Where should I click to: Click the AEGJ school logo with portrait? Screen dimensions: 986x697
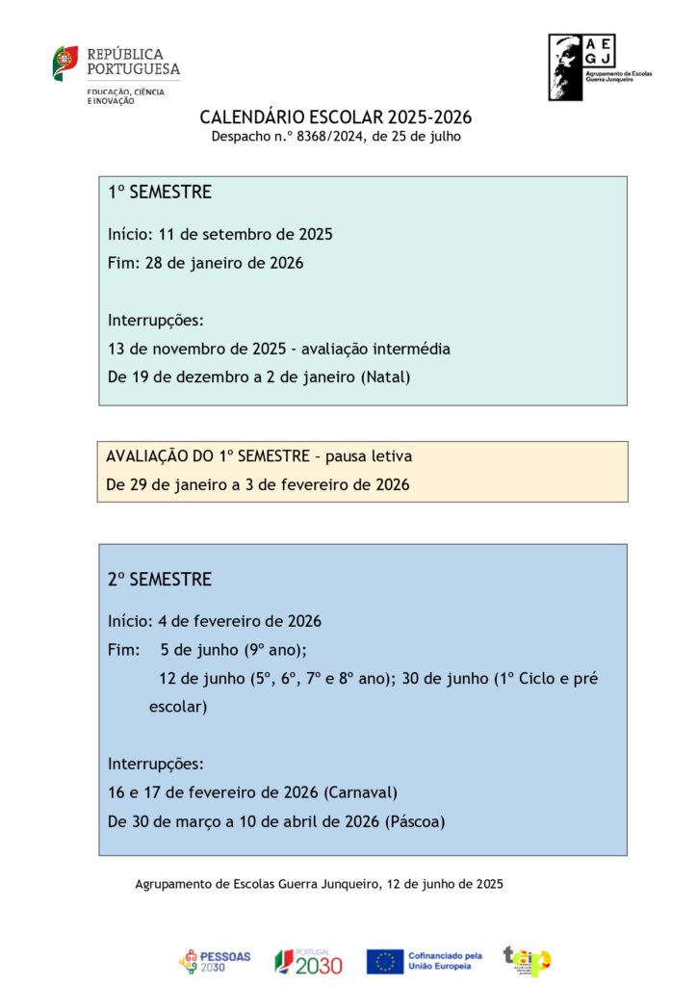point(599,67)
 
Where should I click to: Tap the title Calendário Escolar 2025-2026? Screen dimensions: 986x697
point(336,117)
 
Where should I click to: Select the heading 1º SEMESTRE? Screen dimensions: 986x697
point(160,193)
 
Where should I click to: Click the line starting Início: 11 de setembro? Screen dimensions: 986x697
point(220,234)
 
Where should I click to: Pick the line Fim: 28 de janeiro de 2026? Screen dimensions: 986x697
point(206,263)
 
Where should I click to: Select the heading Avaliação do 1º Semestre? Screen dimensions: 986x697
point(259,456)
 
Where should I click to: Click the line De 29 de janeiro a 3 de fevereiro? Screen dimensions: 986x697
point(258,485)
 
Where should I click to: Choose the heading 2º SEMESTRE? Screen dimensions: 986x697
point(160,580)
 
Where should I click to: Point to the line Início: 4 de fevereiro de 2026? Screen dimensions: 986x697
point(215,621)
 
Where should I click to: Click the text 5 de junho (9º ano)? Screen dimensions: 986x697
point(233,650)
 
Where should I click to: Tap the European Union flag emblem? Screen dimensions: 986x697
point(384,961)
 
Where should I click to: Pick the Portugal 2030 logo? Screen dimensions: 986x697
point(308,961)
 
